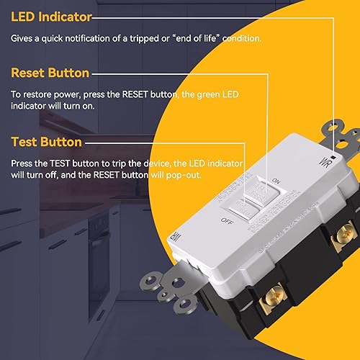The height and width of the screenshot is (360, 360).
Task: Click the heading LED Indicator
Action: [51, 16]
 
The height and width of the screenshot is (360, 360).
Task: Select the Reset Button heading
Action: [50, 73]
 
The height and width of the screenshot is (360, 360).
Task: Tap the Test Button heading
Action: [46, 142]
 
